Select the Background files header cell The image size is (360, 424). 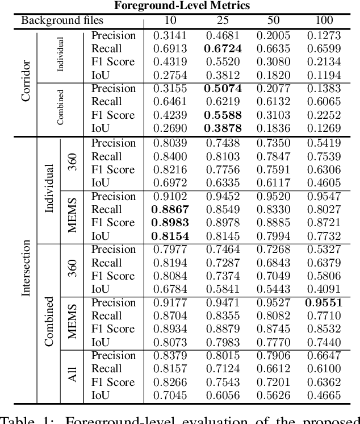[x=62, y=21]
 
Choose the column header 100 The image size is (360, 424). [x=324, y=21]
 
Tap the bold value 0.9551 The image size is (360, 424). [x=324, y=302]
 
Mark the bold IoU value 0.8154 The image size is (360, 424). [x=170, y=236]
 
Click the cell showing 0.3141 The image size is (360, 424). [x=170, y=35]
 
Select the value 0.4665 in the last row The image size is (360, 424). [x=324, y=396]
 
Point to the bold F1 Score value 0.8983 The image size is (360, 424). [x=170, y=223]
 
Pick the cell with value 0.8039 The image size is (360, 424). [x=170, y=143]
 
